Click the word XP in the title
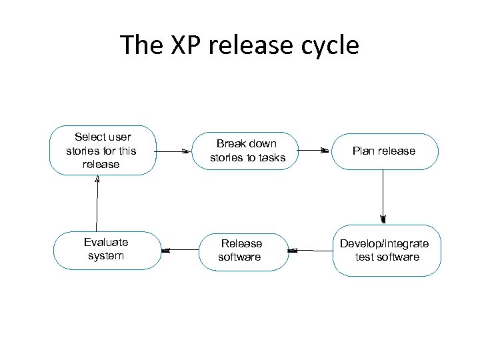click(179, 45)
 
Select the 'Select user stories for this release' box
click(102, 151)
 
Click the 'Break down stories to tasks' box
click(245, 151)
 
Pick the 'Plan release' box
click(384, 151)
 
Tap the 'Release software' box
click(242, 250)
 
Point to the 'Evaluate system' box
click(107, 249)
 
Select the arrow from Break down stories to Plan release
click(313, 151)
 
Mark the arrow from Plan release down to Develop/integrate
click(383, 196)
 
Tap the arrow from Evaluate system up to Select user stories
click(97, 203)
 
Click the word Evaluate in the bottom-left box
click(106, 243)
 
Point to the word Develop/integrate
click(385, 243)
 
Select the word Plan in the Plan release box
click(363, 151)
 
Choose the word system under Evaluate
click(106, 256)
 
